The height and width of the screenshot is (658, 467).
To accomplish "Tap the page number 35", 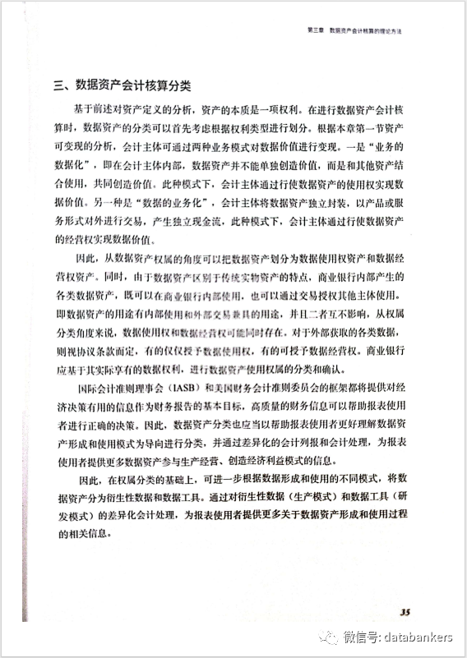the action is pyautogui.click(x=405, y=610).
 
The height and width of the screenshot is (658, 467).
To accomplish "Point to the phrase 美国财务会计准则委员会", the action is pyautogui.click(x=276, y=388).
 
